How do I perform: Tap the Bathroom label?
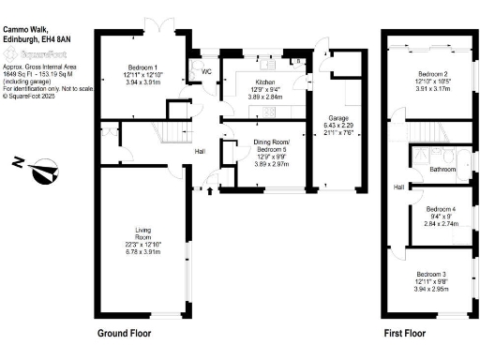tap(442, 170)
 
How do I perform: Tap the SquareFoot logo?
tap(36, 55)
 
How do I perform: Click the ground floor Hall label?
tap(200, 152)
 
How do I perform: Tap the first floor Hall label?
tap(399, 187)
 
